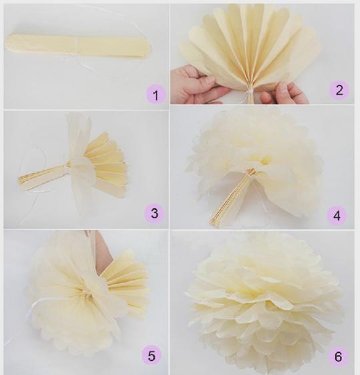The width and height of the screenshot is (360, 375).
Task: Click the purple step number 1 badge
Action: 155,95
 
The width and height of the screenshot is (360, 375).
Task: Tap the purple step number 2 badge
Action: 339,90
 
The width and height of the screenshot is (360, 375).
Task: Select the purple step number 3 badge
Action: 155,212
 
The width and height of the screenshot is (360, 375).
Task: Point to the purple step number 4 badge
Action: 337,216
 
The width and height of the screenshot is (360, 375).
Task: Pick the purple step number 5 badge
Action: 151,356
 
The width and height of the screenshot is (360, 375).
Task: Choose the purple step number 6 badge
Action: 338,356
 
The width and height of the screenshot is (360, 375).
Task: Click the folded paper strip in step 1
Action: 79,46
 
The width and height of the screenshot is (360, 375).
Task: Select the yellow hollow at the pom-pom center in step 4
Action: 265,160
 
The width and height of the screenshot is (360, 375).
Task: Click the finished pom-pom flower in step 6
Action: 263,304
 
